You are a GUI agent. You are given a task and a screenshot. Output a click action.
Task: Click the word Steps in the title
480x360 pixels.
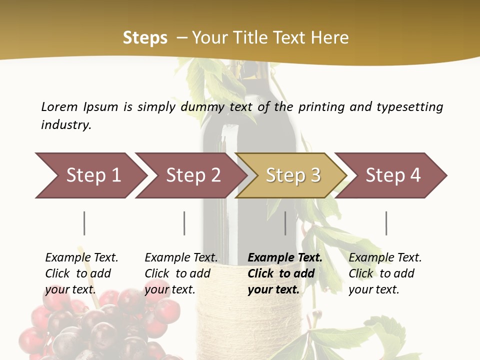[145, 38]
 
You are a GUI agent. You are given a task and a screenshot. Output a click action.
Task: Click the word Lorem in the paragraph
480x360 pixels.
[59, 107]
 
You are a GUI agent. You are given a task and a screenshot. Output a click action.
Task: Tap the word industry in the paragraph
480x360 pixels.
[66, 125]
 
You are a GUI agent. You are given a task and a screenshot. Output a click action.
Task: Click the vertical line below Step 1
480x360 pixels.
[84, 223]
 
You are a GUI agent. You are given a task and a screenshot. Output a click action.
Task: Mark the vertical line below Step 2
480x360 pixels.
[184, 223]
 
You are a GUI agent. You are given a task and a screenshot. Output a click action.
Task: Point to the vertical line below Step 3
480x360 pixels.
[285, 223]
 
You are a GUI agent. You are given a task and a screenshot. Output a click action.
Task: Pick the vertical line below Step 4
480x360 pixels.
[386, 223]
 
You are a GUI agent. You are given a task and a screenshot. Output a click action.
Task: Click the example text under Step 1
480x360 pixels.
[81, 273]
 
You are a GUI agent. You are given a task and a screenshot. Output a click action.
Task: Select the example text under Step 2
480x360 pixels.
[181, 273]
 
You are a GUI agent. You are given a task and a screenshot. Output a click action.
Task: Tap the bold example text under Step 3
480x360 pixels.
[285, 273]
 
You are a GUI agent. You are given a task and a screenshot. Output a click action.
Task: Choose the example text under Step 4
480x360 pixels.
[385, 273]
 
